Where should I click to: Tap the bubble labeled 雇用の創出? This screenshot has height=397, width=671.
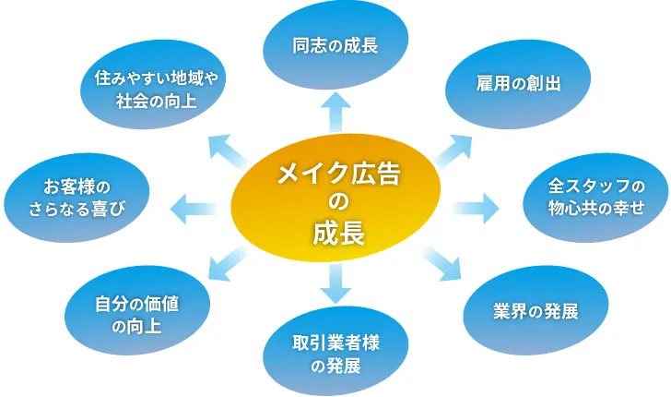click(x=503, y=83)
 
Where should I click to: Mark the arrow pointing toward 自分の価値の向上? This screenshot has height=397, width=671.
click(x=225, y=264)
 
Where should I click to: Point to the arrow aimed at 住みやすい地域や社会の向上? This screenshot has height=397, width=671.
click(x=226, y=148)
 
